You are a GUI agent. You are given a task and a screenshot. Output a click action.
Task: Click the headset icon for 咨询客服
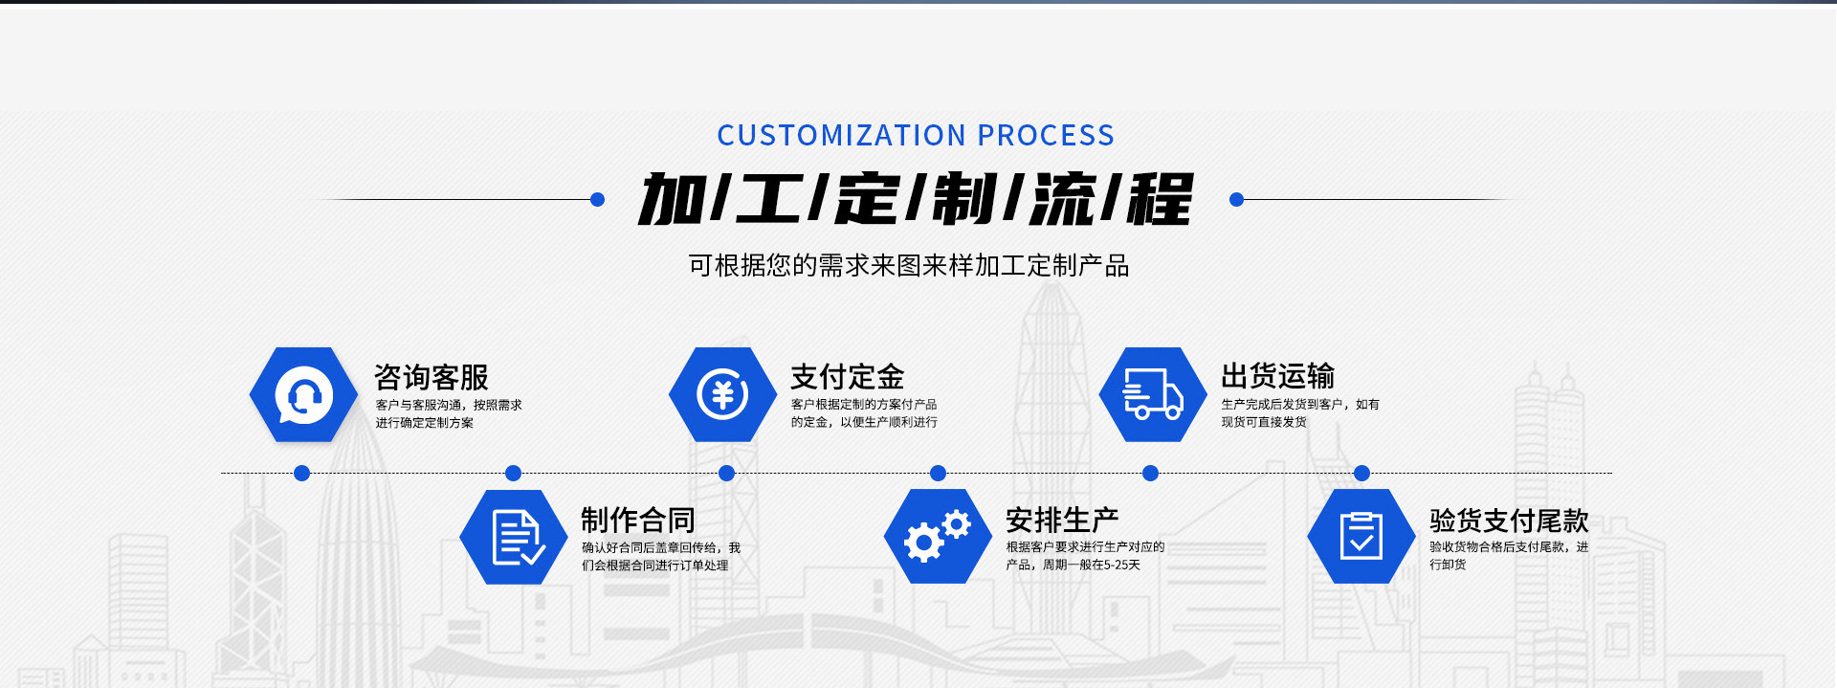tap(303, 395)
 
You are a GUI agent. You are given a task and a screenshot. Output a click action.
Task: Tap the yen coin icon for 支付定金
tap(722, 394)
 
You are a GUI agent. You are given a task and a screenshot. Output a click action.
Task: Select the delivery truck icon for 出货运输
tap(1152, 394)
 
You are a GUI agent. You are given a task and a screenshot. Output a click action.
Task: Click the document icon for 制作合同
tap(516, 537)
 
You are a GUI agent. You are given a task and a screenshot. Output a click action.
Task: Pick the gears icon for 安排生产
tap(937, 537)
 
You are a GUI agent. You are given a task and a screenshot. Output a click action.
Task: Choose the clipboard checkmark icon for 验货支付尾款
tap(1361, 536)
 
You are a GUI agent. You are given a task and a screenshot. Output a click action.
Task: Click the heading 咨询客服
tap(431, 377)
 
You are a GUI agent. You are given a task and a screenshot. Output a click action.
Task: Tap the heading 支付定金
tap(847, 377)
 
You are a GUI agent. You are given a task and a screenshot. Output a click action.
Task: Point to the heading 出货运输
tap(1277, 376)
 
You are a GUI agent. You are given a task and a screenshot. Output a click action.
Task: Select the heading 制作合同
tap(637, 520)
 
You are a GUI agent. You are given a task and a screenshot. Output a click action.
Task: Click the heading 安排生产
tap(1062, 520)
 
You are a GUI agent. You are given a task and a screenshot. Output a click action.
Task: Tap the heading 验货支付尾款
tap(1509, 520)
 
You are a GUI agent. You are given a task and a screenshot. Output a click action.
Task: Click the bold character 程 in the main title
tap(1160, 200)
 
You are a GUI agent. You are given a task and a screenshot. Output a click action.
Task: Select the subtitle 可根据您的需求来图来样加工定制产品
tap(909, 265)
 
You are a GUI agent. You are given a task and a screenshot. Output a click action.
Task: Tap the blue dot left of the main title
tap(598, 199)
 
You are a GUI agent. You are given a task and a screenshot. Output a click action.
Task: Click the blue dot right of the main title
tap(1236, 199)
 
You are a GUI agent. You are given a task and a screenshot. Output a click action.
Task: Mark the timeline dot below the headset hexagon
tap(301, 473)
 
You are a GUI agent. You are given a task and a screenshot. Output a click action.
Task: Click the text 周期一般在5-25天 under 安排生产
tap(1092, 565)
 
